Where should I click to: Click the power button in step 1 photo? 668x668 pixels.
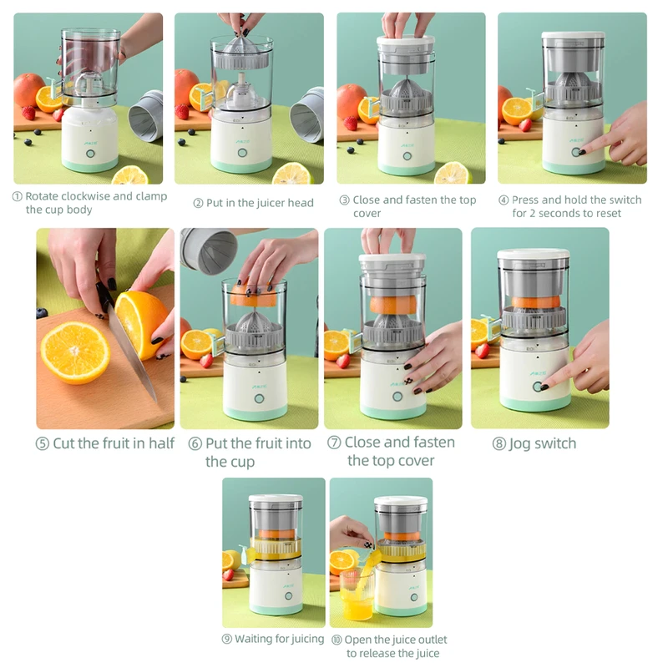pos(90,154)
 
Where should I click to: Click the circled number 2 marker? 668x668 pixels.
pos(198,203)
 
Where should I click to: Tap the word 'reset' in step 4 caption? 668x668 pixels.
pos(609,213)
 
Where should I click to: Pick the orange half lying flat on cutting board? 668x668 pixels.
pos(75,352)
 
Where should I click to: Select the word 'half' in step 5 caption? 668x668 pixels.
pos(161,443)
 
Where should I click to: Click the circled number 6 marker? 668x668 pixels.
pos(195,444)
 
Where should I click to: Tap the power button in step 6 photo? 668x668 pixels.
pos(259,399)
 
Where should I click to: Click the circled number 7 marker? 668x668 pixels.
pos(334,443)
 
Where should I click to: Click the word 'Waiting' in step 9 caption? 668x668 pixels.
pos(254,639)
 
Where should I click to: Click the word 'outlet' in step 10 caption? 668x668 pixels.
pos(431,640)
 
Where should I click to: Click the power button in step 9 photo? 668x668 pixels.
pos(288,596)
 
